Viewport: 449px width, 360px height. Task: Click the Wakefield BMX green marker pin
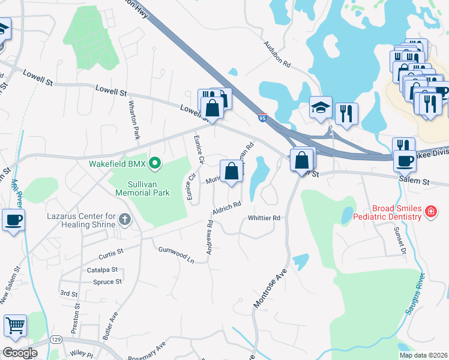(155, 163)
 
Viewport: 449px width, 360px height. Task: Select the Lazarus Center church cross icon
(125, 220)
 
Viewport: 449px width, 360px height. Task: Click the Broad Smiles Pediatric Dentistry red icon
(430, 211)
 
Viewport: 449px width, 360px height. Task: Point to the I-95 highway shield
(263, 118)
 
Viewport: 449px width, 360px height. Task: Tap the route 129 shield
(55, 340)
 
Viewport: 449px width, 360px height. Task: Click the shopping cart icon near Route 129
(15, 326)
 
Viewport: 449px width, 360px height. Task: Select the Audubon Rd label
(278, 54)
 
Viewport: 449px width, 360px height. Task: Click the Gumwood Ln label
(177, 255)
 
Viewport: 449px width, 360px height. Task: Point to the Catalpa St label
(102, 271)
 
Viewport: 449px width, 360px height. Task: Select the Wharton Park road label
(134, 121)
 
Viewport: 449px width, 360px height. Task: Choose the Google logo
(20, 352)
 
